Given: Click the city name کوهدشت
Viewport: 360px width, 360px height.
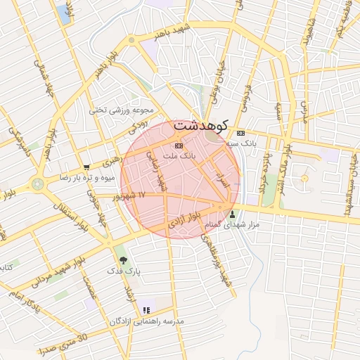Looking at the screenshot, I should coord(202,126).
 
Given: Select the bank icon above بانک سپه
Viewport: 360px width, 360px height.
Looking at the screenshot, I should coord(241,133).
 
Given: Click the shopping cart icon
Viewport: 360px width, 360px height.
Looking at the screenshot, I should coord(86,167).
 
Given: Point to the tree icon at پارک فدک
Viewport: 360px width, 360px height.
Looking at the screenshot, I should coord(123,260).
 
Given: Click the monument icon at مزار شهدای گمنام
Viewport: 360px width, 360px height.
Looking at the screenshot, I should coord(233,214).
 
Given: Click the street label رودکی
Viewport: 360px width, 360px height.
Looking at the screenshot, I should coord(138,127).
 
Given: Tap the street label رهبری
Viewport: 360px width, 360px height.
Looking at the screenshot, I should coord(111,163).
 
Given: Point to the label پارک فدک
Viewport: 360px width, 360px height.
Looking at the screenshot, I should coord(123,270).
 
